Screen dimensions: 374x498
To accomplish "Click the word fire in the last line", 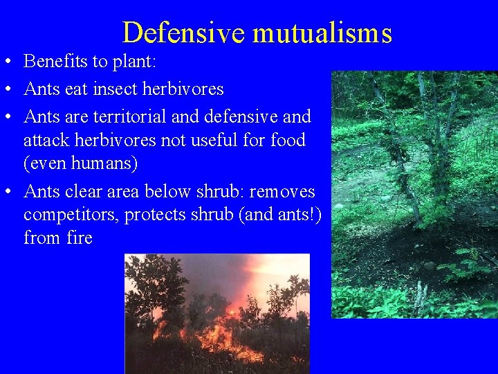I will [x=80, y=239].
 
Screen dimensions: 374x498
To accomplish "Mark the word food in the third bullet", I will [x=288, y=141].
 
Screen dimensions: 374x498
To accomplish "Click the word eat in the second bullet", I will [x=70, y=89].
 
